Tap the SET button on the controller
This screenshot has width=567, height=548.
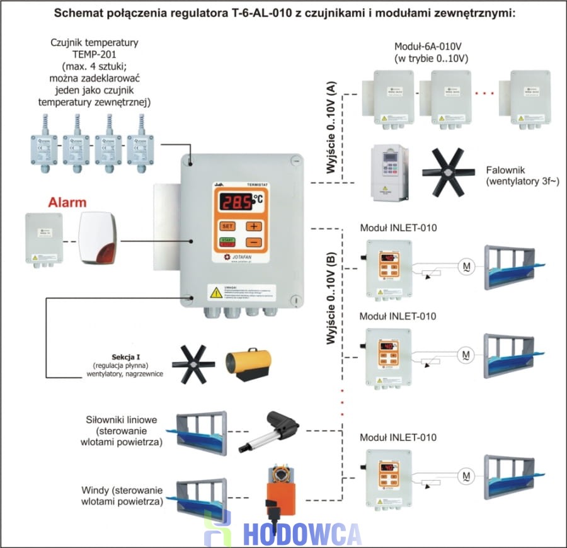tap(226, 226)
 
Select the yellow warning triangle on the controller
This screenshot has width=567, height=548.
tap(216, 291)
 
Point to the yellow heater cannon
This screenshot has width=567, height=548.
tap(250, 363)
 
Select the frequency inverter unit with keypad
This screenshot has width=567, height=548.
tap(389, 172)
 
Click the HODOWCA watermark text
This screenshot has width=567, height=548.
tap(302, 533)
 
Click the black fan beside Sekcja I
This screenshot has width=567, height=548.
tap(192, 363)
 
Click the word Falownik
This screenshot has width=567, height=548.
tap(505, 171)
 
